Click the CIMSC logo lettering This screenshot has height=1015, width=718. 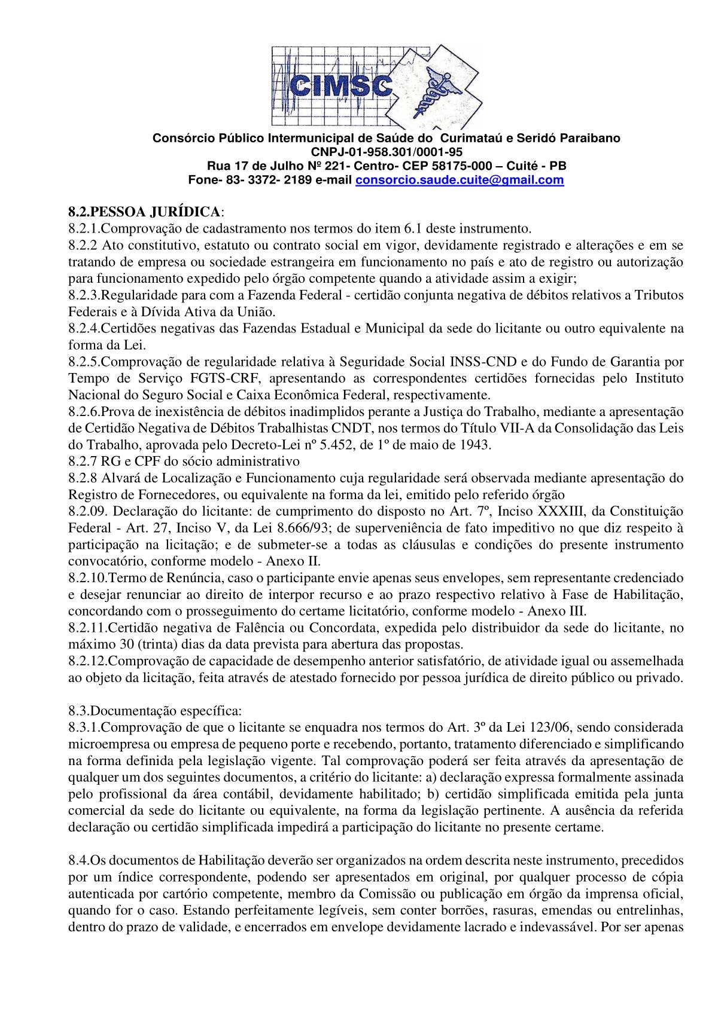(340, 87)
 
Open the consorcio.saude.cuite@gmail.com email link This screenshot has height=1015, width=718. (460, 180)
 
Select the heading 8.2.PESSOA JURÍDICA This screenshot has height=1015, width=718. (144, 212)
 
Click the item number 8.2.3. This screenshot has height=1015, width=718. (83, 295)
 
